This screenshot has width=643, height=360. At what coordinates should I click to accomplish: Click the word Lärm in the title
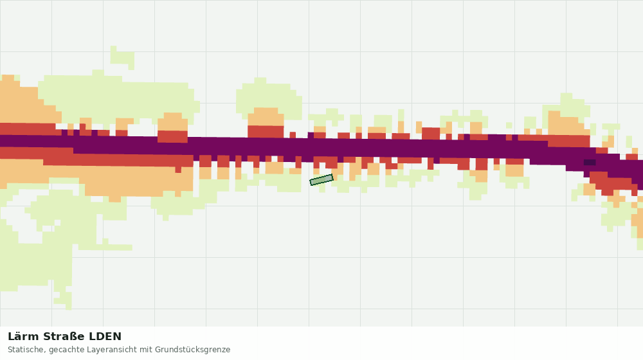click(23, 337)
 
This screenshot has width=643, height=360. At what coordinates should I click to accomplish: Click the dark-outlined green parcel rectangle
click(321, 179)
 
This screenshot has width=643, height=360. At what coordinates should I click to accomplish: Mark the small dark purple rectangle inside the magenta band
click(589, 163)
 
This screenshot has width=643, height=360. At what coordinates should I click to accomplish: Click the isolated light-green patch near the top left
click(122, 57)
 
